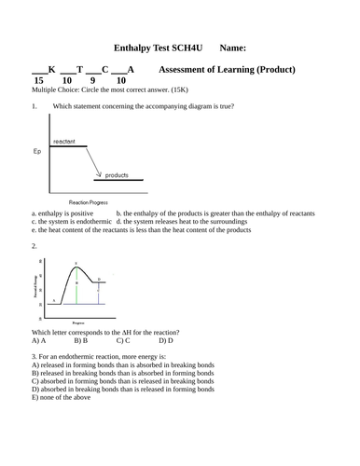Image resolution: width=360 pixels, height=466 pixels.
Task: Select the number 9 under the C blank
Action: pos(93,81)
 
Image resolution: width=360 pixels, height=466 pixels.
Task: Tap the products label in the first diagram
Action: pos(117,174)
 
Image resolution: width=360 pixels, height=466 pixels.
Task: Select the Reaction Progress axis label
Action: pos(89,201)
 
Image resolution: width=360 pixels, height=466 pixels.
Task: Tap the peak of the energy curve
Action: pos(77,267)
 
